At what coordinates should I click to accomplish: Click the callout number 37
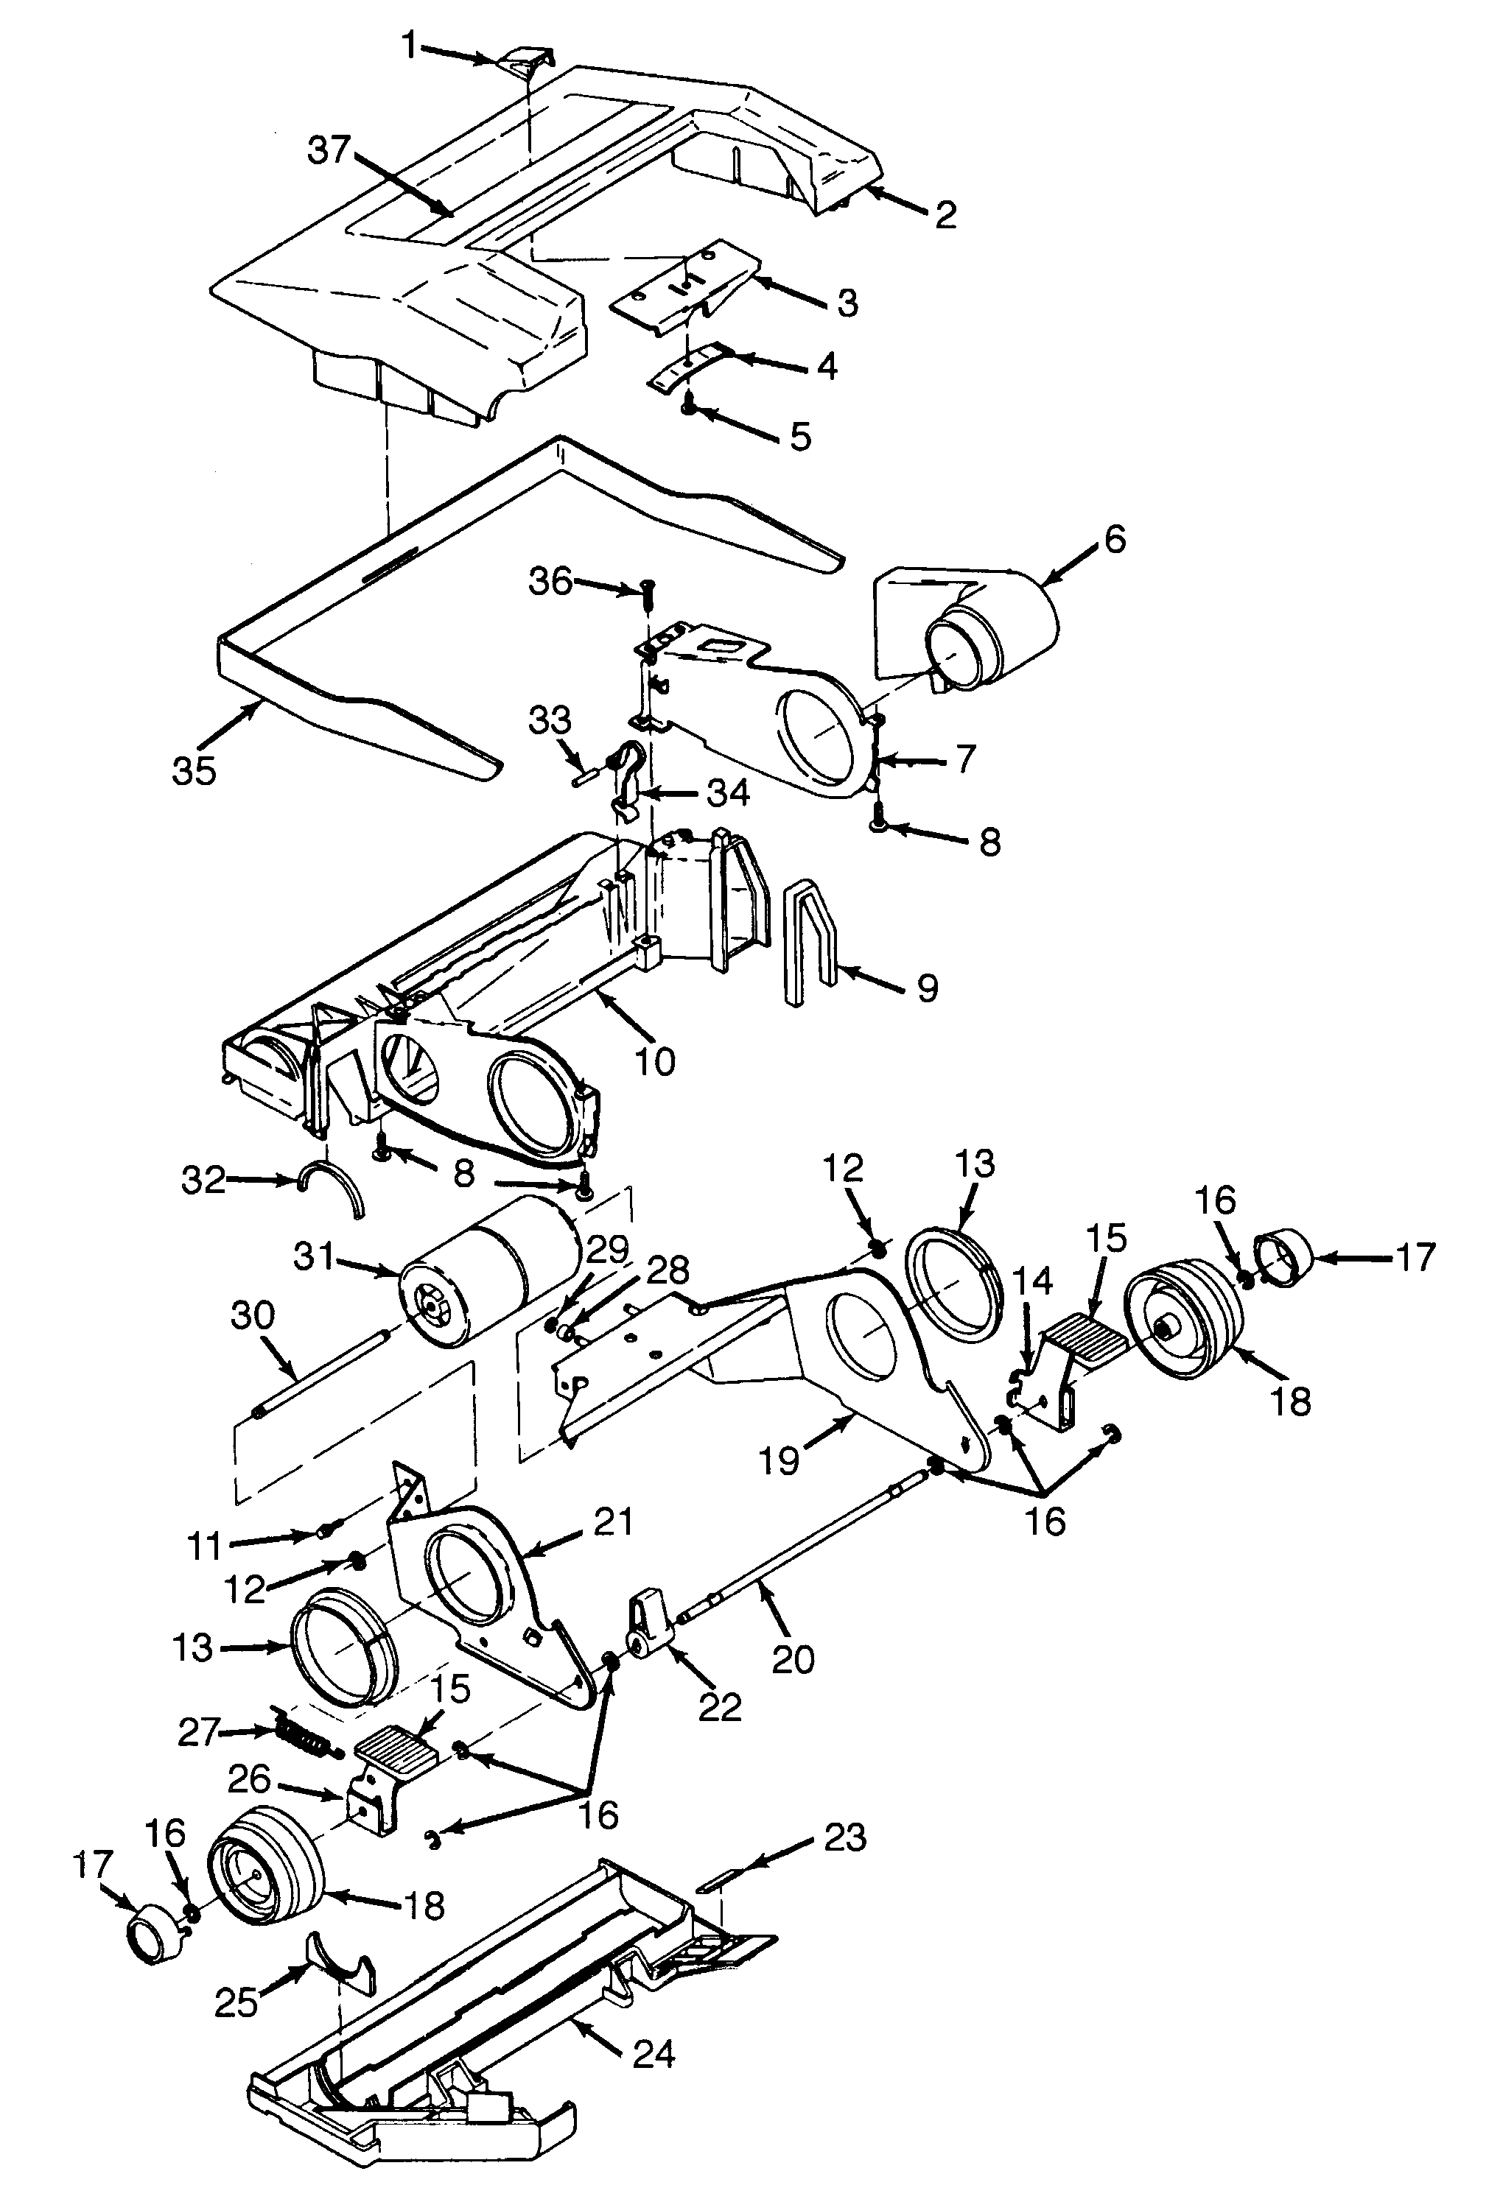(329, 150)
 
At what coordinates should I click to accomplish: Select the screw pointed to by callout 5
(688, 406)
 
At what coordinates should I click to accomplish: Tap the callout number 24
(654, 2053)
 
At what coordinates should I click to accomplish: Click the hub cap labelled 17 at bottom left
(152, 1933)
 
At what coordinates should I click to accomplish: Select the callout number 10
(655, 1060)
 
